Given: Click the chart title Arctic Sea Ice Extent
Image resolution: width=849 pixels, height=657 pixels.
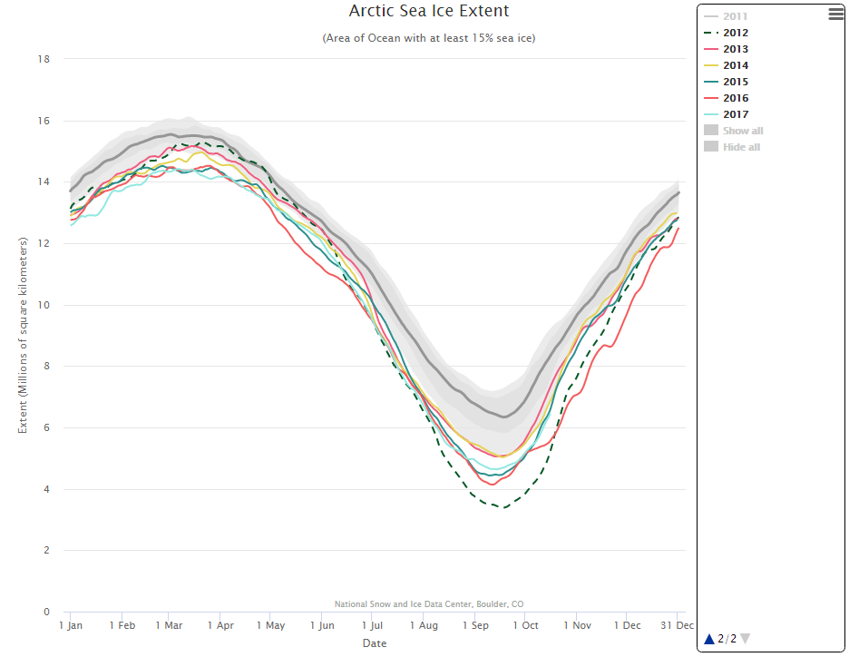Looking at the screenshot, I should pyautogui.click(x=429, y=11).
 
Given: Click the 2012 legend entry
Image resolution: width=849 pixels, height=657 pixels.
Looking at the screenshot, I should pyautogui.click(x=736, y=33).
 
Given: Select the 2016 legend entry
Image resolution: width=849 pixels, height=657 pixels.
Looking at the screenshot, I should pyautogui.click(x=736, y=98).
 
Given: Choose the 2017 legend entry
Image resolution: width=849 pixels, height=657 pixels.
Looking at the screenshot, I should pyautogui.click(x=736, y=114).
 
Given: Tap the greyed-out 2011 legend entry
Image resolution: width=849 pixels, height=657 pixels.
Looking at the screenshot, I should pyautogui.click(x=736, y=16).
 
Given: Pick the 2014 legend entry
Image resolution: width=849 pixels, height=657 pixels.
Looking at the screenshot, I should pyautogui.click(x=736, y=65).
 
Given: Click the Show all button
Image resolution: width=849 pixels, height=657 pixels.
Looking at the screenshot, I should pyautogui.click(x=742, y=131).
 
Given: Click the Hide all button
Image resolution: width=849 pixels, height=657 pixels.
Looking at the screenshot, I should pyautogui.click(x=741, y=147).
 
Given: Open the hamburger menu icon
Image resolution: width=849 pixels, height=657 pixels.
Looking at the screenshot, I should pyautogui.click(x=835, y=14).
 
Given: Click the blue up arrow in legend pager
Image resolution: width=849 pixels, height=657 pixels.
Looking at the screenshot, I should pyautogui.click(x=709, y=639).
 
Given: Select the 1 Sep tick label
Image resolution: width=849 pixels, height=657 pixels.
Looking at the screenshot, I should pyautogui.click(x=475, y=625).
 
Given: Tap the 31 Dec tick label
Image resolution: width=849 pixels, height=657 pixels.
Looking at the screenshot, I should pyautogui.click(x=677, y=625).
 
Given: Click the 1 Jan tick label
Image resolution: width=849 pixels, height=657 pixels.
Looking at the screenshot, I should pyautogui.click(x=71, y=625).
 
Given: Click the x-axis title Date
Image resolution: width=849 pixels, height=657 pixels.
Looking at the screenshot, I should pyautogui.click(x=375, y=643).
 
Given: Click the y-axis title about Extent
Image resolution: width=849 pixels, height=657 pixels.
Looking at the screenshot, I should pyautogui.click(x=24, y=335).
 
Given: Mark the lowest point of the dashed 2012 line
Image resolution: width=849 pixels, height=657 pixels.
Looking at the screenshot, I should pyautogui.click(x=503, y=507).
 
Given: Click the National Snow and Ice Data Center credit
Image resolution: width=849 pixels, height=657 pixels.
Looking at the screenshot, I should pyautogui.click(x=428, y=603).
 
